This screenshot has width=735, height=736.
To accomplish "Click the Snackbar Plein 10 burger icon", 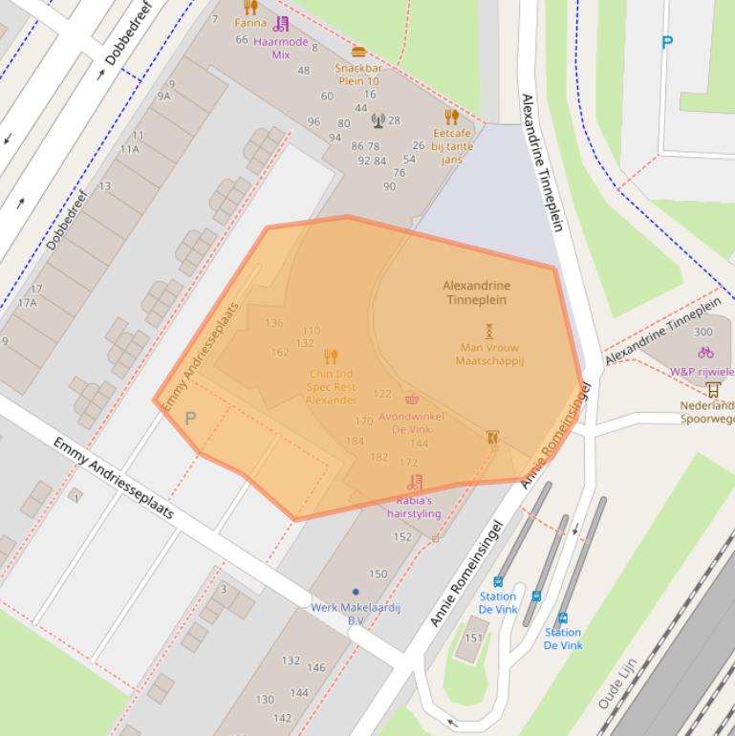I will [x=358, y=52].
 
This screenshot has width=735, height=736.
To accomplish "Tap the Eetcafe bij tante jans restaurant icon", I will [x=452, y=118].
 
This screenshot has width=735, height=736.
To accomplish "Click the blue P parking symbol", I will [x=667, y=42].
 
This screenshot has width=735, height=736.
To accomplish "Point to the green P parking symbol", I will [x=190, y=419].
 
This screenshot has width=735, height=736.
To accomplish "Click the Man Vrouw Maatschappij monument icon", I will [x=489, y=331].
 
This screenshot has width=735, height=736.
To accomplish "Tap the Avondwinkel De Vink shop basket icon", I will [x=412, y=399].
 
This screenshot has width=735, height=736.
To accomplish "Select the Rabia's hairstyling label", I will [x=414, y=507].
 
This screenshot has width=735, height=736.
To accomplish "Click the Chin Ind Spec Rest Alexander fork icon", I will [x=332, y=357].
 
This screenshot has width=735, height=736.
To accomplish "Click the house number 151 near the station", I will [x=474, y=638].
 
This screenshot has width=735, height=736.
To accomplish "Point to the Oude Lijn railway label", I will [x=611, y=689].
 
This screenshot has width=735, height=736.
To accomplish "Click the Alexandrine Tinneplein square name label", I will [x=477, y=292].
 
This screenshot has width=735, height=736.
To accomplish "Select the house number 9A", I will [x=164, y=96].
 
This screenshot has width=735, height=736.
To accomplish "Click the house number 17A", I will [x=27, y=303].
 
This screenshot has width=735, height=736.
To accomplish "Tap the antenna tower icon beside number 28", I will [x=378, y=120].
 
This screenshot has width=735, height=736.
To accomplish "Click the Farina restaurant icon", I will [x=250, y=8].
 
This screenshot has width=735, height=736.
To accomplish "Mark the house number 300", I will [x=703, y=333].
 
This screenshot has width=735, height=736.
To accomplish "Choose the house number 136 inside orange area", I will [x=274, y=323].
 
